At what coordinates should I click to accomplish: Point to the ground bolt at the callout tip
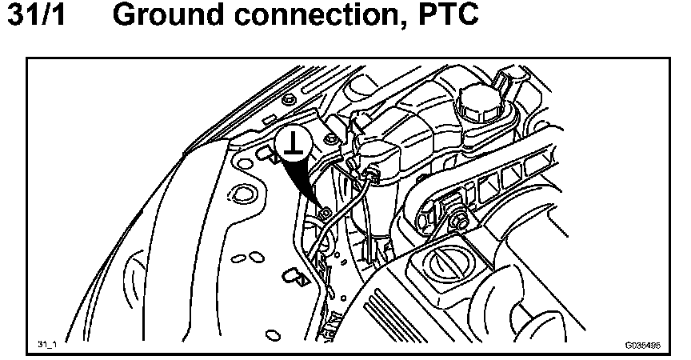[326, 214]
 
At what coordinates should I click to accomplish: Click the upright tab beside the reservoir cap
[503, 80]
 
